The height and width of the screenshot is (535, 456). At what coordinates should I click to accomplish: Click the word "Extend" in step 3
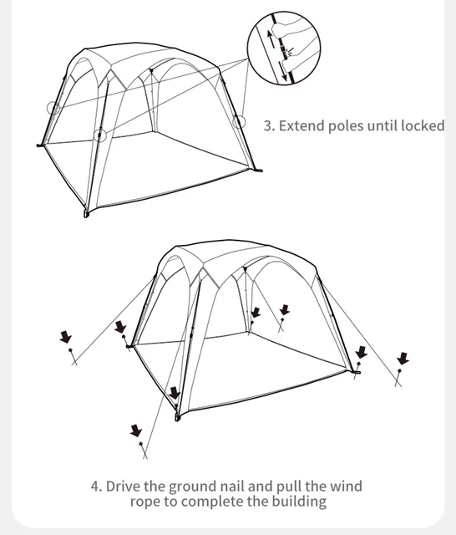click(x=301, y=125)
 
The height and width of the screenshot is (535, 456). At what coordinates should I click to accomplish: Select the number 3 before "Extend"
click(x=268, y=125)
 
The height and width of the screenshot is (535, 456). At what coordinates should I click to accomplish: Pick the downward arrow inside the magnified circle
click(x=284, y=72)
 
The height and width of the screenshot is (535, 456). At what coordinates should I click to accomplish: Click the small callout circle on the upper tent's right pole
click(x=239, y=121)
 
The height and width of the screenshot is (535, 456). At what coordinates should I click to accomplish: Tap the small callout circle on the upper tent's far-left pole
click(x=53, y=108)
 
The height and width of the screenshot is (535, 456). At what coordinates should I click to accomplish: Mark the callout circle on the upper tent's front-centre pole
click(x=100, y=135)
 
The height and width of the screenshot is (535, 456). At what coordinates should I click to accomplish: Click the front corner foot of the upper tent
click(x=86, y=214)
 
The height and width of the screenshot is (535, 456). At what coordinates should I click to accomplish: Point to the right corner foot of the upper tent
click(x=258, y=170)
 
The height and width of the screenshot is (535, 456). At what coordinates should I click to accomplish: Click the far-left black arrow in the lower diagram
click(x=65, y=337)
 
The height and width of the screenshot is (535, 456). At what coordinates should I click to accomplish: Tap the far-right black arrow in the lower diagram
click(x=403, y=359)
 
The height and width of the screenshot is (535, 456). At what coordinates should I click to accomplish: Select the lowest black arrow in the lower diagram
click(x=136, y=431)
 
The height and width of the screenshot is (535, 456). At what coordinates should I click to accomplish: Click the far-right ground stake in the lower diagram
click(x=398, y=378)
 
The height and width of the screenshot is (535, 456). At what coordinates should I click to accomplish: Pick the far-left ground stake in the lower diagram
click(x=73, y=357)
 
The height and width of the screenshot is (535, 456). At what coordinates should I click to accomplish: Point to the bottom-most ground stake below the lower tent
click(x=144, y=451)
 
